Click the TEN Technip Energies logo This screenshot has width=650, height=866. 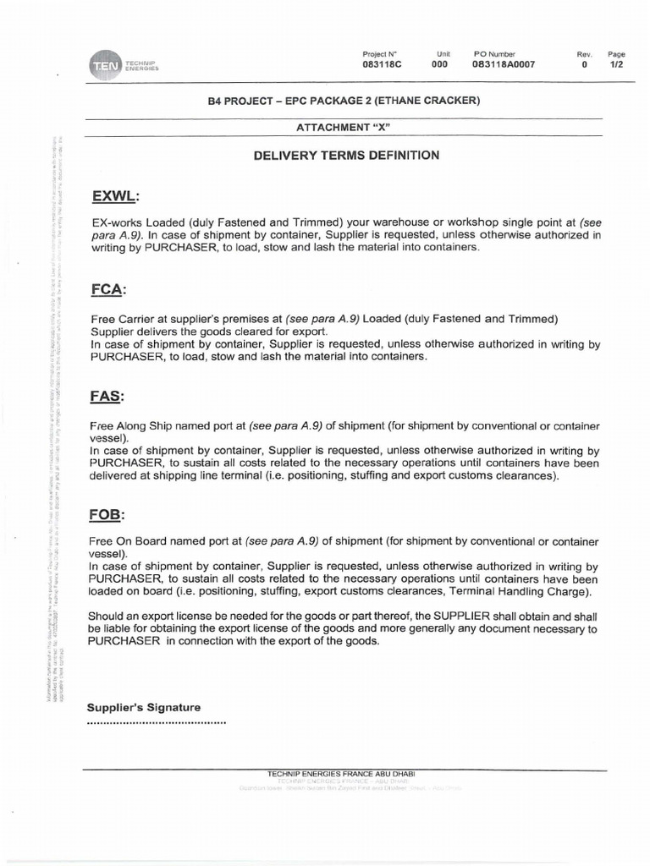(x=124, y=65)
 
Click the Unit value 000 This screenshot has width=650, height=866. (x=439, y=64)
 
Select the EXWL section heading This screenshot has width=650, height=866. (x=113, y=198)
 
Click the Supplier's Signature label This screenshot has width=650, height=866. (x=144, y=707)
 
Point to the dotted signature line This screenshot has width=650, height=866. (x=157, y=723)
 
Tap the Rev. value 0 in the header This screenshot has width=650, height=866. (x=584, y=64)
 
